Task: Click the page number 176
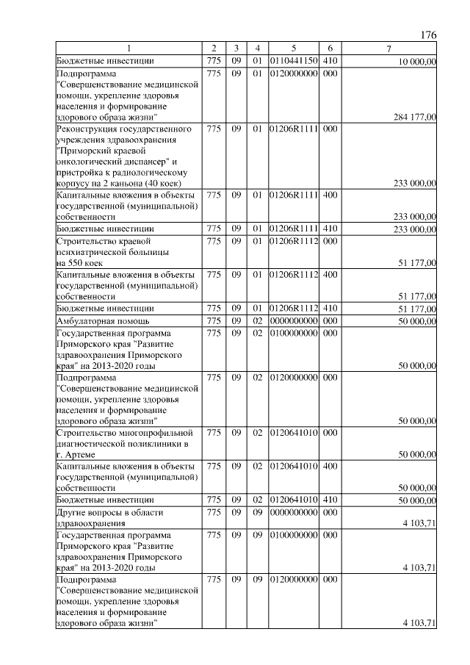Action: click(x=430, y=35)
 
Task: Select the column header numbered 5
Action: click(x=293, y=49)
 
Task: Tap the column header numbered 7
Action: click(x=389, y=49)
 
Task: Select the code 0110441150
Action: click(x=293, y=61)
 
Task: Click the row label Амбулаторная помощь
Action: click(x=103, y=321)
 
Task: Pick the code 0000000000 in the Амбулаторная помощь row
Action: click(x=293, y=321)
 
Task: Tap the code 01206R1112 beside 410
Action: click(x=293, y=308)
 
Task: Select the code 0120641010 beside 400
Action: click(x=293, y=466)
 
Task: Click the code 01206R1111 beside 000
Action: click(x=293, y=129)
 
